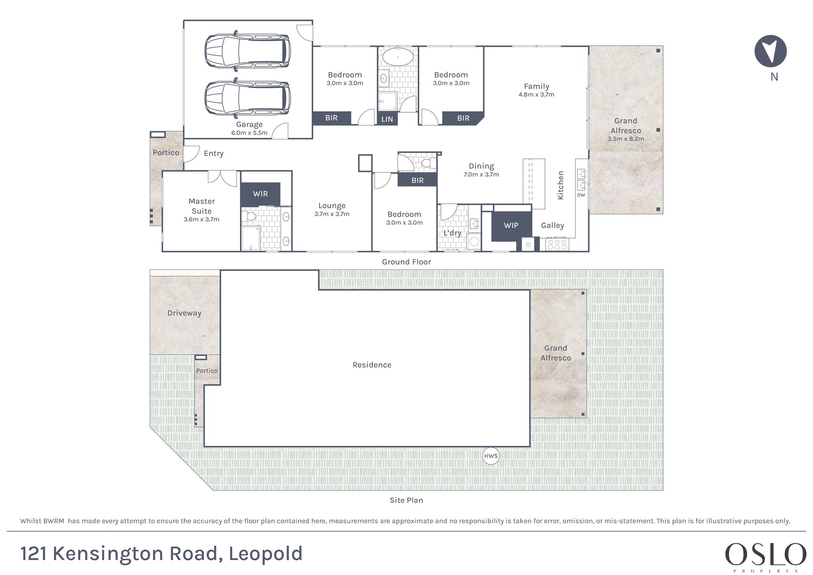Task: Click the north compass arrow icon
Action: [770, 51]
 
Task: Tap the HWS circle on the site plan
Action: [491, 456]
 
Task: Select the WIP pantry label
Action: [511, 225]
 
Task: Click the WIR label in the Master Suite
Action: [260, 194]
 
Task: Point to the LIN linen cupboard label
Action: [387, 119]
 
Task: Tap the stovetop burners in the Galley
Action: [557, 245]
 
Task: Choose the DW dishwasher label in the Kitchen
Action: [581, 195]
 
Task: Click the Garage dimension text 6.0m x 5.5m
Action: [249, 133]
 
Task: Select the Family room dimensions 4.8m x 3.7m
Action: [537, 94]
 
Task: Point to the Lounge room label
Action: [332, 206]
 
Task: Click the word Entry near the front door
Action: [214, 153]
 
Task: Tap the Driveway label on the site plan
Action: [184, 313]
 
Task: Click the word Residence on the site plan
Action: [372, 365]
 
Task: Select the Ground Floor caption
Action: [406, 262]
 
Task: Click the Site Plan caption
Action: [406, 500]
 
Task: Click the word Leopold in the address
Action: [266, 554]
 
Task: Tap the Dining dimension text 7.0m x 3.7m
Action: [481, 175]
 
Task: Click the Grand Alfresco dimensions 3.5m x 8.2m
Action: [626, 139]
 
